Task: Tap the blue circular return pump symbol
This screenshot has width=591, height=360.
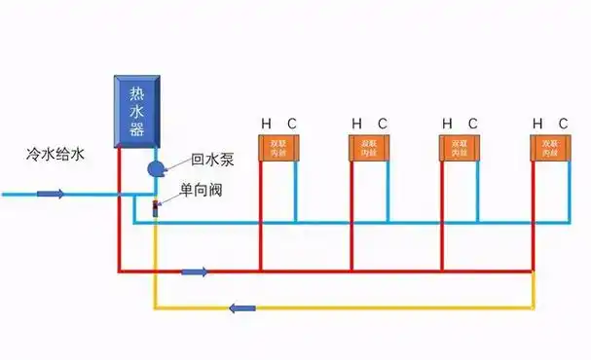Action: point(156,168)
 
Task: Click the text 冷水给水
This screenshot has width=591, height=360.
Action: point(56,155)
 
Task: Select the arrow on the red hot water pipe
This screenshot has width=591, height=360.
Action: point(195,270)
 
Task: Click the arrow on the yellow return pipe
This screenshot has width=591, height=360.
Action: point(242,308)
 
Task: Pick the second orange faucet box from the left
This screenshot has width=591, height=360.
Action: point(367,147)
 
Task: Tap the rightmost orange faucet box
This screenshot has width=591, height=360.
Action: point(548,147)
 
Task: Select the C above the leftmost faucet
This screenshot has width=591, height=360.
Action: point(291,124)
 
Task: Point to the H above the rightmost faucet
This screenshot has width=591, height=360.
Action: point(536,124)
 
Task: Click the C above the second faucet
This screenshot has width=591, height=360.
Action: point(383,124)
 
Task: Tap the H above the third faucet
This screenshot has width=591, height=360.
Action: point(447,124)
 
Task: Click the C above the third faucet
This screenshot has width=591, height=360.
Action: point(473,124)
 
